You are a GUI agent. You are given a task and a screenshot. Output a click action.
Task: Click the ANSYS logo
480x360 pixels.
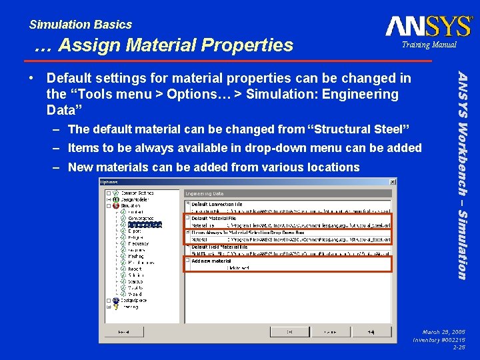click(x=428, y=26)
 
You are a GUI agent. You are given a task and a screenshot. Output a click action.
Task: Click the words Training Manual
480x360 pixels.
click(x=429, y=45)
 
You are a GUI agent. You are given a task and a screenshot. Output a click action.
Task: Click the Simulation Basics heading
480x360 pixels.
click(x=81, y=25)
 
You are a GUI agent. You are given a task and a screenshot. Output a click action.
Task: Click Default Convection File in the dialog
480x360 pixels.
click(x=218, y=204)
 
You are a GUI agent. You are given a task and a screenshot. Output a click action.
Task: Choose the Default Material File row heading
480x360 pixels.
click(x=215, y=218)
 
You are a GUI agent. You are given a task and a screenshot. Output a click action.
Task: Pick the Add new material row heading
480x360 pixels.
click(x=211, y=261)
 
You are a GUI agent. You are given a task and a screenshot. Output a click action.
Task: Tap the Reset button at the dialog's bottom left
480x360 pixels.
click(x=123, y=331)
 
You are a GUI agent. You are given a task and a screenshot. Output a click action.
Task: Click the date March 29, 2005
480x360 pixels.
click(x=442, y=331)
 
